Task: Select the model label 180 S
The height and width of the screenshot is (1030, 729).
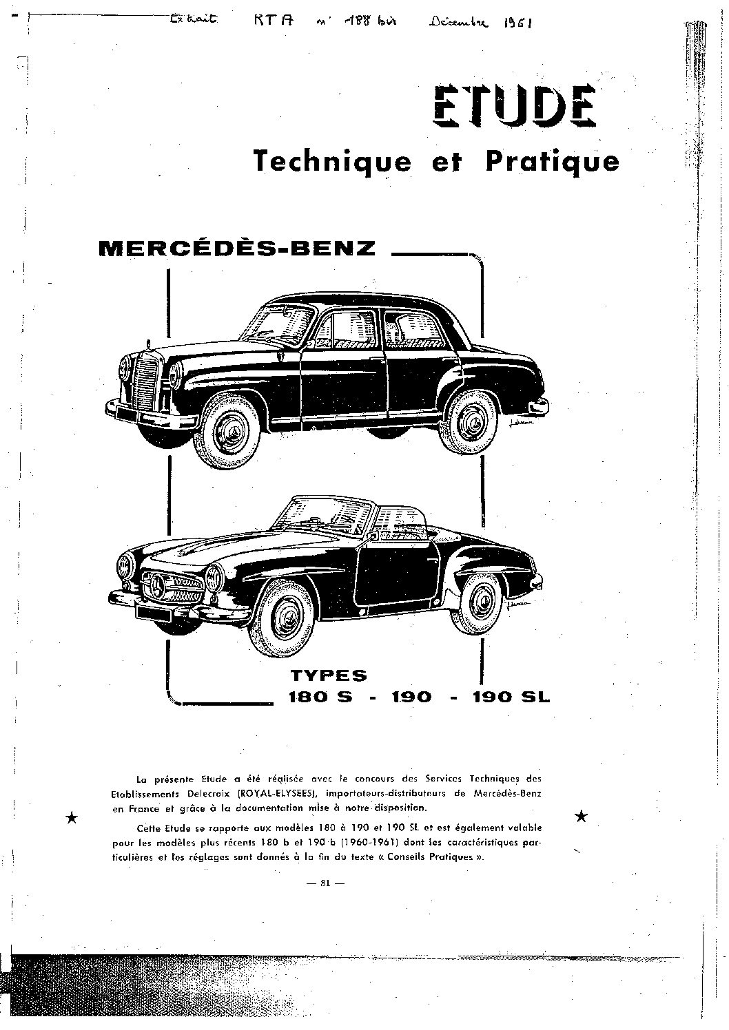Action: click(x=320, y=697)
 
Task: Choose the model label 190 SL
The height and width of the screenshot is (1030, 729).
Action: click(x=511, y=697)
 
